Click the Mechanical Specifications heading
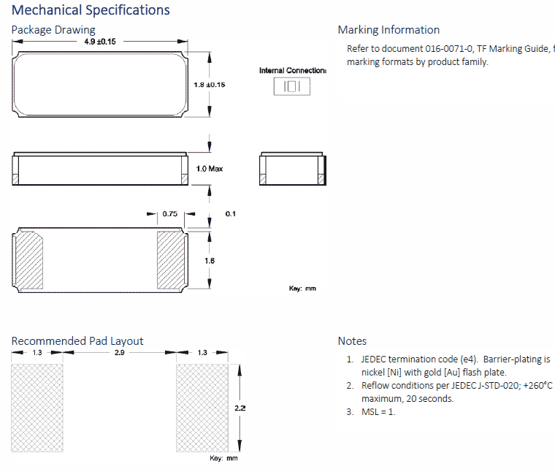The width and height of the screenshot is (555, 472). (91, 10)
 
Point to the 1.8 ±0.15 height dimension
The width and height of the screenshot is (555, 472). (209, 85)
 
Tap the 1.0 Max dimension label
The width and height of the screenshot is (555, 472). (210, 169)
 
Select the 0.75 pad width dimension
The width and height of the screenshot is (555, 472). (170, 213)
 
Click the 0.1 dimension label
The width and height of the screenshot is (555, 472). (231, 213)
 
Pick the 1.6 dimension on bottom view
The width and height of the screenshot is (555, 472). (210, 259)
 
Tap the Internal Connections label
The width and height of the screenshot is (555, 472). (292, 70)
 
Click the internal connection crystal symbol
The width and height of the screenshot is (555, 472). (291, 86)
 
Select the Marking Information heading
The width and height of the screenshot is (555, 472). (388, 30)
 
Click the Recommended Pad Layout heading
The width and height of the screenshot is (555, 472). (77, 341)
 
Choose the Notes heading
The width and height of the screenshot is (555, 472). (352, 341)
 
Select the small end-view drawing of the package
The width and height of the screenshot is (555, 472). (291, 169)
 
